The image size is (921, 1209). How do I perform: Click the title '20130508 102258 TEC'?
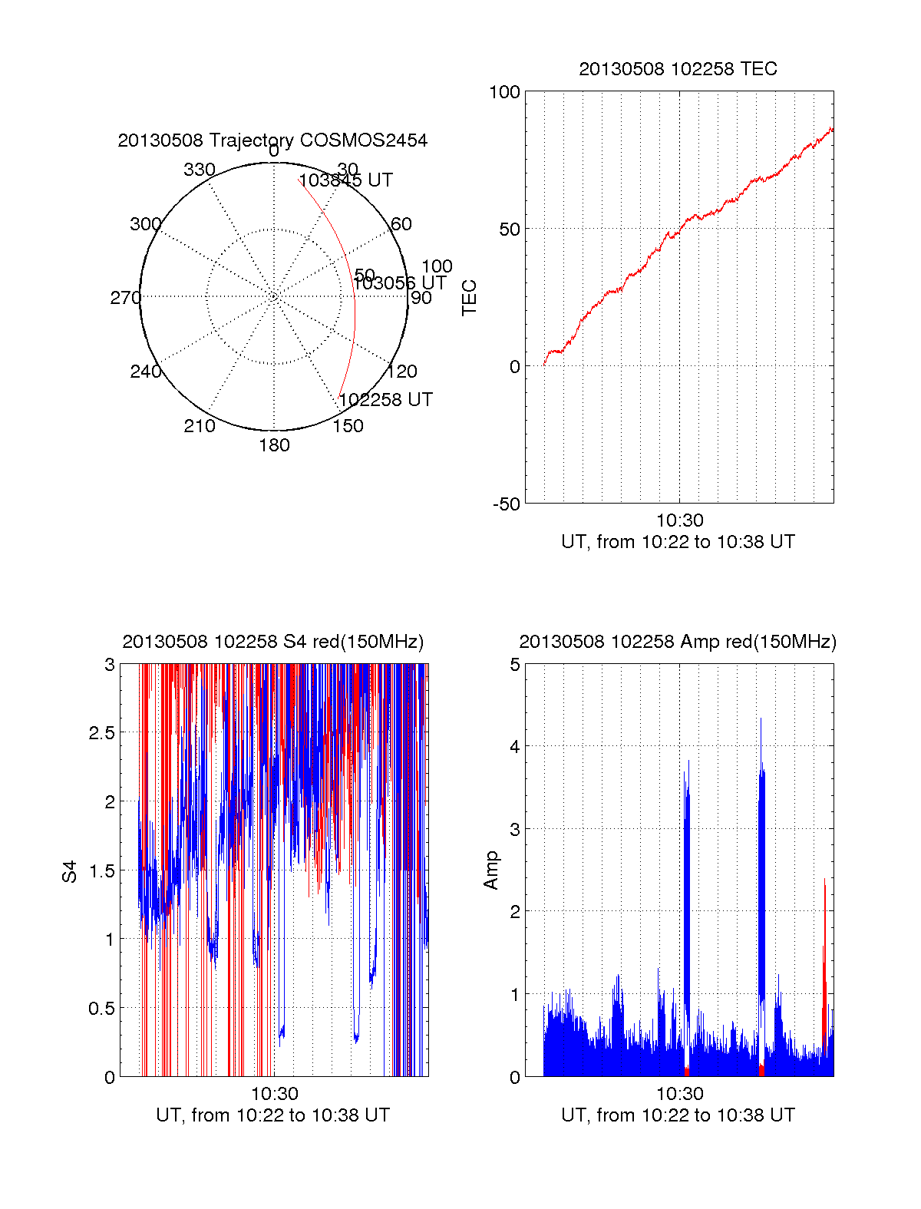(678, 69)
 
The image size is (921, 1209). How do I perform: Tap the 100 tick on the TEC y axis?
(504, 92)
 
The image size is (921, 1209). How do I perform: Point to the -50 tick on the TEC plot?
(506, 504)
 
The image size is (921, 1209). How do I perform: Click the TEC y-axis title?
(469, 298)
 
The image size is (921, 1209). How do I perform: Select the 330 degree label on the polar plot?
(200, 170)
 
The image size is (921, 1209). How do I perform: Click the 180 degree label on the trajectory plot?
(274, 445)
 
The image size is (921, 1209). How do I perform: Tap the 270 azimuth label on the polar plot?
(125, 298)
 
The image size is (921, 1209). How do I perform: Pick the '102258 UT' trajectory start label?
(385, 400)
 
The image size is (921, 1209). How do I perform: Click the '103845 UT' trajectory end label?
(345, 180)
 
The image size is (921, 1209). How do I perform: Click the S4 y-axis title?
(70, 871)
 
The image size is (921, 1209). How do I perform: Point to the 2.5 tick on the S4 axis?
(101, 733)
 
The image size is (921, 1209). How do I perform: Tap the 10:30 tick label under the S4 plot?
(274, 1094)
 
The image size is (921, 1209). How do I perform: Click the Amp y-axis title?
(490, 870)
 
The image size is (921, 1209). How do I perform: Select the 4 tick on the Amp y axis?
(515, 747)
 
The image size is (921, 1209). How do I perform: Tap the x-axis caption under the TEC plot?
(678, 542)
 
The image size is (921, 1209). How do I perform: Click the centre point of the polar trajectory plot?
(274, 296)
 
